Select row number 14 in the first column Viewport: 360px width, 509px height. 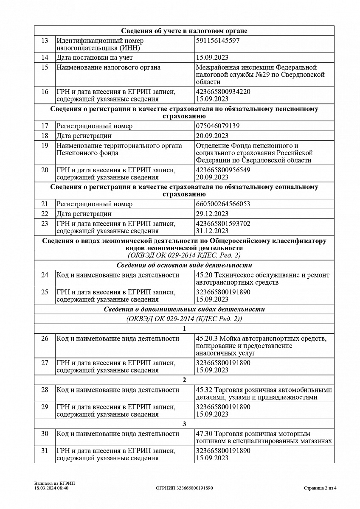coord(45,58)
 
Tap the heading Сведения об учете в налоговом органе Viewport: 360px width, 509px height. coord(184,31)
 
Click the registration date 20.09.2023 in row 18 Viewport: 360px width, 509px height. coord(212,136)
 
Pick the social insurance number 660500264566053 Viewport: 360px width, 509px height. coord(223,204)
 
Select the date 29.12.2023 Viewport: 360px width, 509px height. coord(212,214)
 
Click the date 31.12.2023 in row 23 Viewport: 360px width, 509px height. coord(212,231)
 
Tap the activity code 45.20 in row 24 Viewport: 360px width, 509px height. coord(204,275)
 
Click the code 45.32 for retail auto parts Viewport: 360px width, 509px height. coord(204,390)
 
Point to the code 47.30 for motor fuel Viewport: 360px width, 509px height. coord(204,434)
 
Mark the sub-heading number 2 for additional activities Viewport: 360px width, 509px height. coord(184,380)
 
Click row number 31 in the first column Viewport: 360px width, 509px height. coord(45,451)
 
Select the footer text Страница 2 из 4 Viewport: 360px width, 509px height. coord(321,488)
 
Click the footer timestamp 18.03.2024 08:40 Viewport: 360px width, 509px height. coord(51,488)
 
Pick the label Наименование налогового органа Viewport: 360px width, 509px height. coord(109,67)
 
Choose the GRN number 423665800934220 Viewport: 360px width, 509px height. coord(223,92)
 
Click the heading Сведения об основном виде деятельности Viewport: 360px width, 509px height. coord(184,266)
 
